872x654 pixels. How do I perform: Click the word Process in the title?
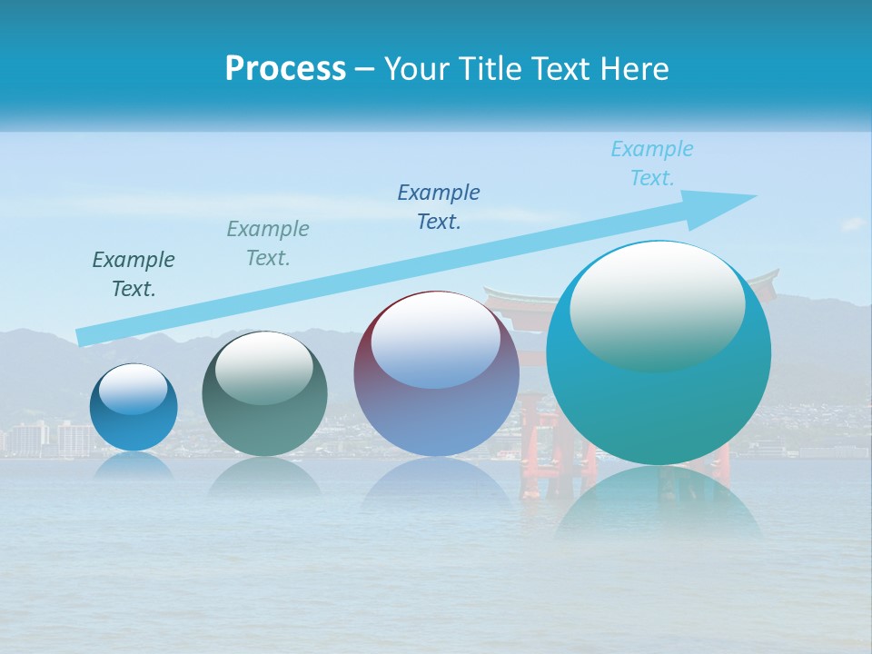285,68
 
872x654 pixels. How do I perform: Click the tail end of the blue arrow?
84,337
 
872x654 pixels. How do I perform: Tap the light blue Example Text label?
652,163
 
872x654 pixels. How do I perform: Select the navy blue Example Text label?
439,206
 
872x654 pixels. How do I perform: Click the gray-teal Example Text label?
268,243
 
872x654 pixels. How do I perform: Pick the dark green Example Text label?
134,273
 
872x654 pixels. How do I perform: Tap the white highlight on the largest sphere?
657,304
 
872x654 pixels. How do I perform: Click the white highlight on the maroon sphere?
435,338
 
